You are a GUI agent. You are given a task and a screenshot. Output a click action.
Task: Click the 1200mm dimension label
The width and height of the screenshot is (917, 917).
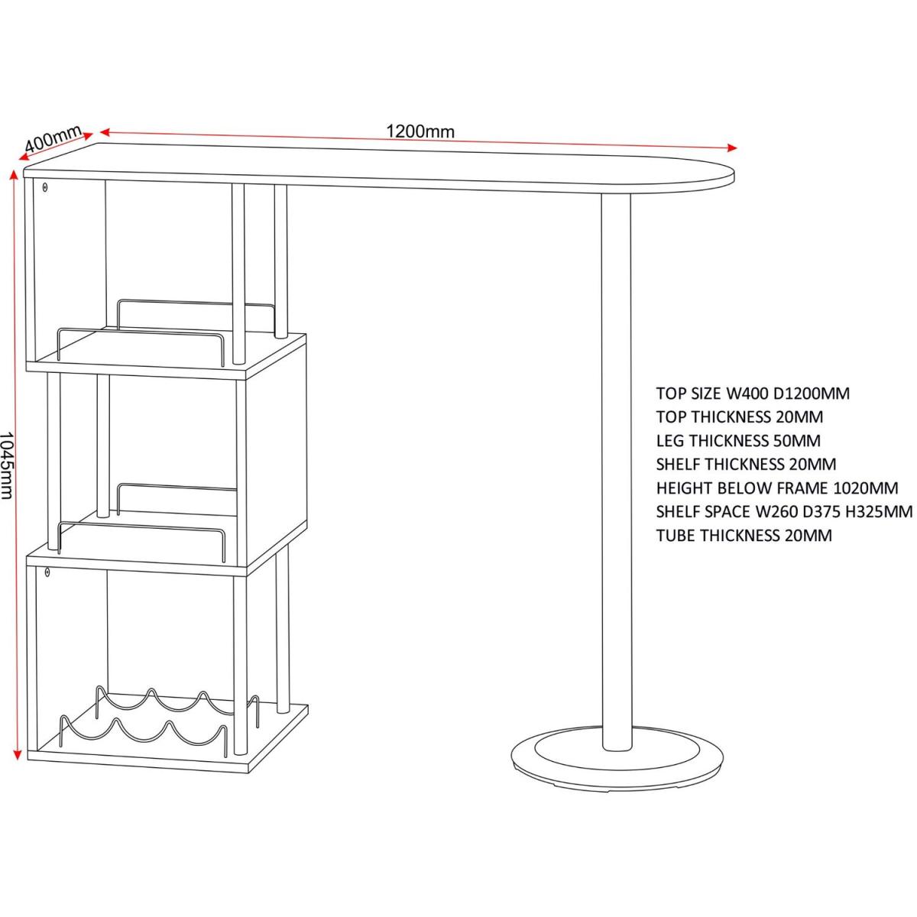click(420, 131)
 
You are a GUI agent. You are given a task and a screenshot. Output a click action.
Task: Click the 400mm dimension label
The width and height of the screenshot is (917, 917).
click(53, 139)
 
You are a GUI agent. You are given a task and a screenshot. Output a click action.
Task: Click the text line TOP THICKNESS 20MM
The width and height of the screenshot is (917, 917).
click(728, 417)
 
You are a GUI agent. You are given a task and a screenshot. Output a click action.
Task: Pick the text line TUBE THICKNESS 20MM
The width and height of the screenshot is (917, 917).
click(744, 536)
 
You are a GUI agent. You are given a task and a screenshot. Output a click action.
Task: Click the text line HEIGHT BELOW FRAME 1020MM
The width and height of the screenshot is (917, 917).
click(776, 488)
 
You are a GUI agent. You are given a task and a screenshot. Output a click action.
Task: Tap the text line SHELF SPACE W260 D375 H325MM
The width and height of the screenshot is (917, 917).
click(784, 512)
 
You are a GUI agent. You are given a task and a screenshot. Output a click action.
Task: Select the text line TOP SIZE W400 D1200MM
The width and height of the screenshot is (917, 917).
click(753, 394)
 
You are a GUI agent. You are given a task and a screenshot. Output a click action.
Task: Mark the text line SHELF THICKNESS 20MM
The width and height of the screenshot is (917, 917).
click(746, 465)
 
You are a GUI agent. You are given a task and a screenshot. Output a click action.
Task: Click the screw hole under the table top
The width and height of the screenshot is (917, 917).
click(45, 186)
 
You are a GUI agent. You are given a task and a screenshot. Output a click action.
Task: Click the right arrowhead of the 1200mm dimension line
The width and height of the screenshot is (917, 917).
click(734, 147)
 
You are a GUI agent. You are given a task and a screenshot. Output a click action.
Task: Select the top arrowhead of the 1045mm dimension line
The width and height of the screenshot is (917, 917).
click(13, 173)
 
